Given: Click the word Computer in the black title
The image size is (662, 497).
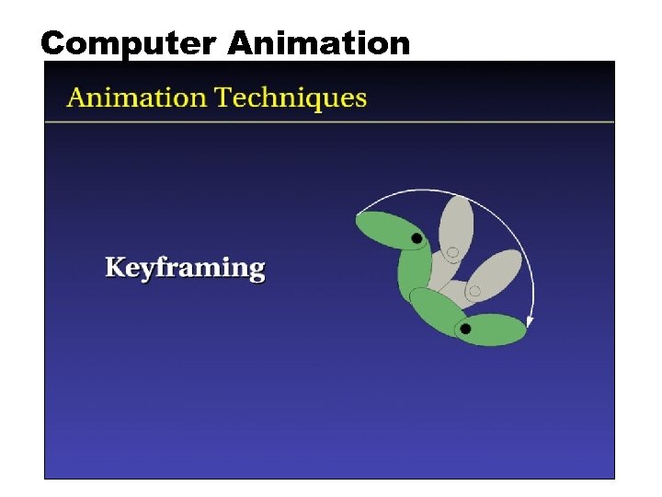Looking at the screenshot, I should point(130,42).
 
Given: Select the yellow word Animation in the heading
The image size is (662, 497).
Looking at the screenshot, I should point(138,98).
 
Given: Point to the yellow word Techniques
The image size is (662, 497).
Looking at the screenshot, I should point(291,98).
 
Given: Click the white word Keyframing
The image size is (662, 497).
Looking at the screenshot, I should point(185,269).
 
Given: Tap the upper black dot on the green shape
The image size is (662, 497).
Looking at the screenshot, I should point(417,238).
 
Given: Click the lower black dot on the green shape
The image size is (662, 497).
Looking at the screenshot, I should point(465,329).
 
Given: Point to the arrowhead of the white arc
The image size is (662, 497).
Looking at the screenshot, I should point(531,322).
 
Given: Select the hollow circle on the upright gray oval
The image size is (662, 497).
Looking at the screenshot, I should point(451,252).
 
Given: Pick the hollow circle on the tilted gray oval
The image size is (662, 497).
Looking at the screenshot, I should point(474,292).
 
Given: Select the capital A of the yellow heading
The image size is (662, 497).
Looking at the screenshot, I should point(76,98).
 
